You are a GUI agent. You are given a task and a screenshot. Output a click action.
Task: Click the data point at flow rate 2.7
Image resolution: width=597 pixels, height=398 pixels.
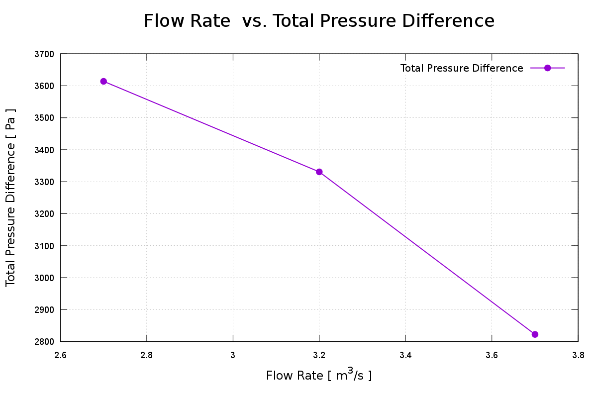coord(103,81)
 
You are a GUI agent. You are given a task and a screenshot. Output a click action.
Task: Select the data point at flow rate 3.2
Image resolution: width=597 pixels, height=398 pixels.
coord(319,172)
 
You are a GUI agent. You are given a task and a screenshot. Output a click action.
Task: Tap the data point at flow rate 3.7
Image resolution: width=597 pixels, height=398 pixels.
coord(535,334)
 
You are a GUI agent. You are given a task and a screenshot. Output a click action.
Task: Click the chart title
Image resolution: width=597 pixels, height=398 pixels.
coord(319,21)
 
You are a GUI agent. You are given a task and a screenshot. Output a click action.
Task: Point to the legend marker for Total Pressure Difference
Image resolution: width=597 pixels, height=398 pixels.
coord(547,68)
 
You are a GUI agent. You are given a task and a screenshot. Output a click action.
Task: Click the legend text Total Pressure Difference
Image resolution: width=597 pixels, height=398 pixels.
coord(462,68)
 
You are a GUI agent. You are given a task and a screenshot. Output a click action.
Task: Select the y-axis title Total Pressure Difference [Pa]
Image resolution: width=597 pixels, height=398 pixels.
coord(11,198)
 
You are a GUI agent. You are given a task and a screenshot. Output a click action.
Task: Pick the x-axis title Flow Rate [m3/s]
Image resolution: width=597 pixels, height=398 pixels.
coord(319,375)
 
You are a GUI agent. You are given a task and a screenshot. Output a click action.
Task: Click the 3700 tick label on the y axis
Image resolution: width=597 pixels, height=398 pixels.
coord(45,54)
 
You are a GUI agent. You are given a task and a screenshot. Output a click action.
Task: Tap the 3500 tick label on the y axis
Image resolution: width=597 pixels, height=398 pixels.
coord(45,118)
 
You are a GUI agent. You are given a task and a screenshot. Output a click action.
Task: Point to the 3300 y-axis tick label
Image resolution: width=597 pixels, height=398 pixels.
coord(45,182)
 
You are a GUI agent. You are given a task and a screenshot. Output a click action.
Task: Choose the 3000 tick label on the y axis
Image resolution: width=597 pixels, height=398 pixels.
coord(45,278)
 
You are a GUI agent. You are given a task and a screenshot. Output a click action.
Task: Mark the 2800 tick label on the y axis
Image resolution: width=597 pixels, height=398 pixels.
coord(45,342)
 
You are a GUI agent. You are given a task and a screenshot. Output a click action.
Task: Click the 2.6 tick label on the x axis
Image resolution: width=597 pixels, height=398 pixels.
coord(61,355)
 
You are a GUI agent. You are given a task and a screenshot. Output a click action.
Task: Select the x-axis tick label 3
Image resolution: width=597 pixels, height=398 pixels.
coord(233,355)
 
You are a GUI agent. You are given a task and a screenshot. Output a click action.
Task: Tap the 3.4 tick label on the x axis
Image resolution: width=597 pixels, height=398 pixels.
coord(405,355)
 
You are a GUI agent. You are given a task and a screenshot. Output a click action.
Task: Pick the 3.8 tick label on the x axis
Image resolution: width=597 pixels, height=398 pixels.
coord(578,355)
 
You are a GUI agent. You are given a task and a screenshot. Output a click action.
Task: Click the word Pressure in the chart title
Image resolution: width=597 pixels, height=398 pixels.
coord(346,21)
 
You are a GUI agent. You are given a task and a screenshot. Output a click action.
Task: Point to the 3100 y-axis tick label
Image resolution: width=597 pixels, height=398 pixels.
coord(45,246)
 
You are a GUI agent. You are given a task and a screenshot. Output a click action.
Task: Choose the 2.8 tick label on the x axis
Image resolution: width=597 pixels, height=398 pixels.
coord(147,355)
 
